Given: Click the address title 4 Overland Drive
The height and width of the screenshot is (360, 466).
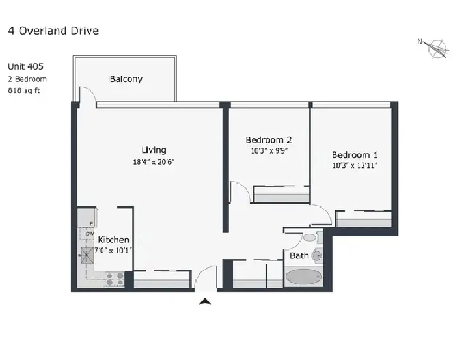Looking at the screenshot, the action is point(53,31).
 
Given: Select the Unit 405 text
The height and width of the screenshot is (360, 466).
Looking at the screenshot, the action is point(25,66).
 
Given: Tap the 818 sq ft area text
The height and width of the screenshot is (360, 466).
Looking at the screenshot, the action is point(24,90).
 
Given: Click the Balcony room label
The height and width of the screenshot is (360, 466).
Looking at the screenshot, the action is point(126,79).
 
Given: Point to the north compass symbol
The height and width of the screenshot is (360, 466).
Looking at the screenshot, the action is point(435,48).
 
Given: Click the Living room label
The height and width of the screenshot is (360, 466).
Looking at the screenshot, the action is point(154,150).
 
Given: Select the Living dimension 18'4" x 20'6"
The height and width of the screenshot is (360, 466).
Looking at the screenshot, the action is point(154,162).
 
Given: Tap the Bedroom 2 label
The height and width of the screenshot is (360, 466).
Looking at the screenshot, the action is point(269,140).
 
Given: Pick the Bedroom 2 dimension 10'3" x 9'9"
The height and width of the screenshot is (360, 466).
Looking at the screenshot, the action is point(269,151).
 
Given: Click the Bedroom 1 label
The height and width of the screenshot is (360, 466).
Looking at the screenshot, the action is point(355,154).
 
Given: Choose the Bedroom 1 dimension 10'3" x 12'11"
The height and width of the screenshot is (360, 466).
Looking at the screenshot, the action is point(355,165).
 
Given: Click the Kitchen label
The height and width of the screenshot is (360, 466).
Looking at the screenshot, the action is point(113,240).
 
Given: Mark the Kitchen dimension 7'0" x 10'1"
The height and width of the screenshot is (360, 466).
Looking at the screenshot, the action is point(113,250).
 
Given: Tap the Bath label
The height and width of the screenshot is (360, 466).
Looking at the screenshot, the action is point(299,256).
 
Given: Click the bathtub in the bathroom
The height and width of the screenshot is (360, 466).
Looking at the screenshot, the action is point(303,277).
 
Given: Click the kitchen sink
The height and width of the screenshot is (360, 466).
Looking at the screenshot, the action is point(88,255).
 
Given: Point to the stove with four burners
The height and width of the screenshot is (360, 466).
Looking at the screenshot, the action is point(115,279).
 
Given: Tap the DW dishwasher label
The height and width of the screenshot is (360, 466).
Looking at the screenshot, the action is point(90,234).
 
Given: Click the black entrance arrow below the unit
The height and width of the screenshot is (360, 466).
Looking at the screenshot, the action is point(205,301).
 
